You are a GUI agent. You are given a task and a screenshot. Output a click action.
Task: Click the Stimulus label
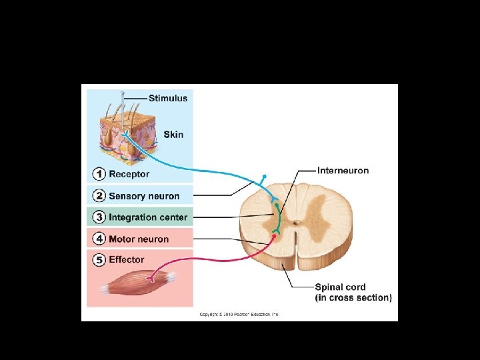point(168,98)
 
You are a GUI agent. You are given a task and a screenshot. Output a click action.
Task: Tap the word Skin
point(173,134)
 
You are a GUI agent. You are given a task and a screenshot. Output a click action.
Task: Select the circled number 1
point(99,174)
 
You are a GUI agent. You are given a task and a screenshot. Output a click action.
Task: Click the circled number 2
point(99,196)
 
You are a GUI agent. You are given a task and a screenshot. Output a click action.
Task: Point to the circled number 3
point(99,217)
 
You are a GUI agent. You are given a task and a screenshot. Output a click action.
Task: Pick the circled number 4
point(99,239)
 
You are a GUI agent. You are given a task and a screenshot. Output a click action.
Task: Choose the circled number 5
point(99,259)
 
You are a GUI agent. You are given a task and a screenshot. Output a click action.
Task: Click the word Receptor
point(129,174)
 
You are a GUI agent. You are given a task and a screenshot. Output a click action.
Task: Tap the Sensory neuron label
point(144,196)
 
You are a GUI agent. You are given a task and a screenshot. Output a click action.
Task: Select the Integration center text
point(148,217)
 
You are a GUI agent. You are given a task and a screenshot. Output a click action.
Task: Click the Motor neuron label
point(139,239)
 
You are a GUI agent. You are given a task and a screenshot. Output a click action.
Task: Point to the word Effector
point(127,259)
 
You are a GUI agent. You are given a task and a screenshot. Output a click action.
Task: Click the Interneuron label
point(343,171)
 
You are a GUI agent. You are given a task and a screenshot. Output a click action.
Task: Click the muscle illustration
point(137,282)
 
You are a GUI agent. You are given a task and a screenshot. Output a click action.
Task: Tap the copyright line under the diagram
point(239,314)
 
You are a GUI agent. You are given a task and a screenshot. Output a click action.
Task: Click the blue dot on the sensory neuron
point(265,177)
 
